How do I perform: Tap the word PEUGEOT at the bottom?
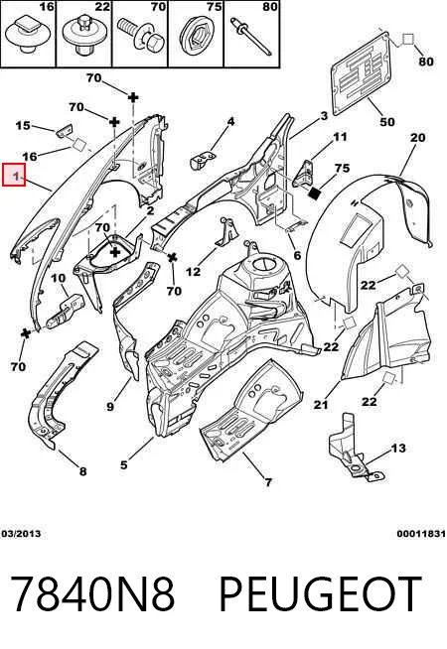pyautogui.click(x=320, y=594)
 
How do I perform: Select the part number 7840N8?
pyautogui.click(x=92, y=594)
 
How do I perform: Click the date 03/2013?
pyautogui.click(x=21, y=534)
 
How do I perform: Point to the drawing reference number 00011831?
pyautogui.click(x=421, y=534)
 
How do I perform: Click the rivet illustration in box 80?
pyautogui.click(x=252, y=36)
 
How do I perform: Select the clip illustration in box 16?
pyautogui.click(x=28, y=34)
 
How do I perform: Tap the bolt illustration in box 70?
pyautogui.click(x=142, y=35)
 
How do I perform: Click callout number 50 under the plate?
pyautogui.click(x=387, y=122)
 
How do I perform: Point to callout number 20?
pyautogui.click(x=417, y=137)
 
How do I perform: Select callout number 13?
pyautogui.click(x=398, y=448)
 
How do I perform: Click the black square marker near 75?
pyautogui.click(x=316, y=193)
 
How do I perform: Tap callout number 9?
pyautogui.click(x=110, y=407)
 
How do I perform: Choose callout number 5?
pyautogui.click(x=124, y=464)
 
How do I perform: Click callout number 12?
pyautogui.click(x=193, y=272)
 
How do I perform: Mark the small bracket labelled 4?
pyautogui.click(x=203, y=160)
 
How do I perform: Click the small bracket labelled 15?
pyautogui.click(x=64, y=130)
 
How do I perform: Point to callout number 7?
pyautogui.click(x=268, y=481)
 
